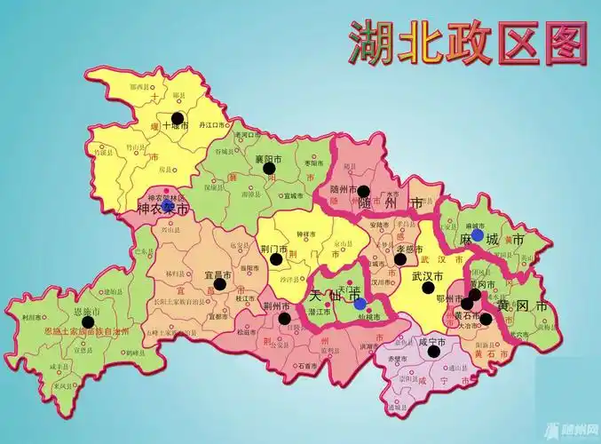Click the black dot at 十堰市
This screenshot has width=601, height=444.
click(178, 117)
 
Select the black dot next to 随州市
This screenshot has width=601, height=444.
click(363, 191)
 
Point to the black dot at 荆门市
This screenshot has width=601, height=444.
click(277, 259)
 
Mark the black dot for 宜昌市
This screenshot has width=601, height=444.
click(219, 284)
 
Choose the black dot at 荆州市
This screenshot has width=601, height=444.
click(284, 318)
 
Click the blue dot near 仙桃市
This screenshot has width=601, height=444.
click(360, 304)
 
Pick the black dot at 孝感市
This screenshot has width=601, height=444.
click(400, 258)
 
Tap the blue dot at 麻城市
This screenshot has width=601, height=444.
click(478, 235)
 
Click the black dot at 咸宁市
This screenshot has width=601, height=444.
click(433, 351)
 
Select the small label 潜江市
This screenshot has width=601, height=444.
click(320, 312)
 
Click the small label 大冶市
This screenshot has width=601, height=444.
click(468, 326)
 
